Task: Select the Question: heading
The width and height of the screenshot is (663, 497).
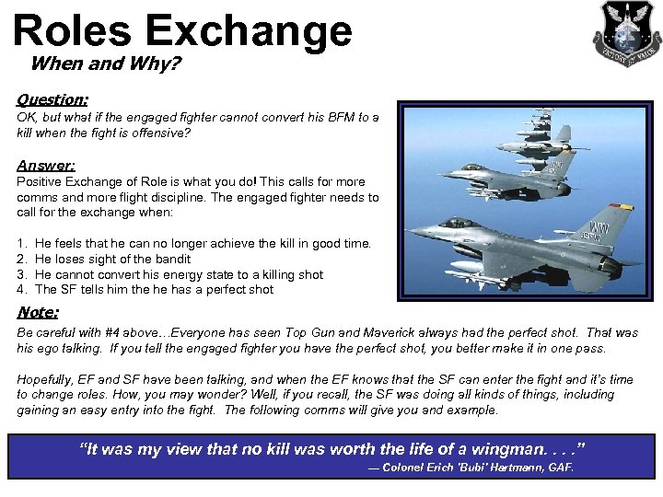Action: coord(52,98)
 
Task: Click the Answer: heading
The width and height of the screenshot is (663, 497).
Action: coord(46,166)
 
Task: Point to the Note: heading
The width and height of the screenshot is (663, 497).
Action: coord(38,312)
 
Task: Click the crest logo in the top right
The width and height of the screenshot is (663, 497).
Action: coord(626,34)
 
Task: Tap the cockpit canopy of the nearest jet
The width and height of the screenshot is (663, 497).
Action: coord(459,223)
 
